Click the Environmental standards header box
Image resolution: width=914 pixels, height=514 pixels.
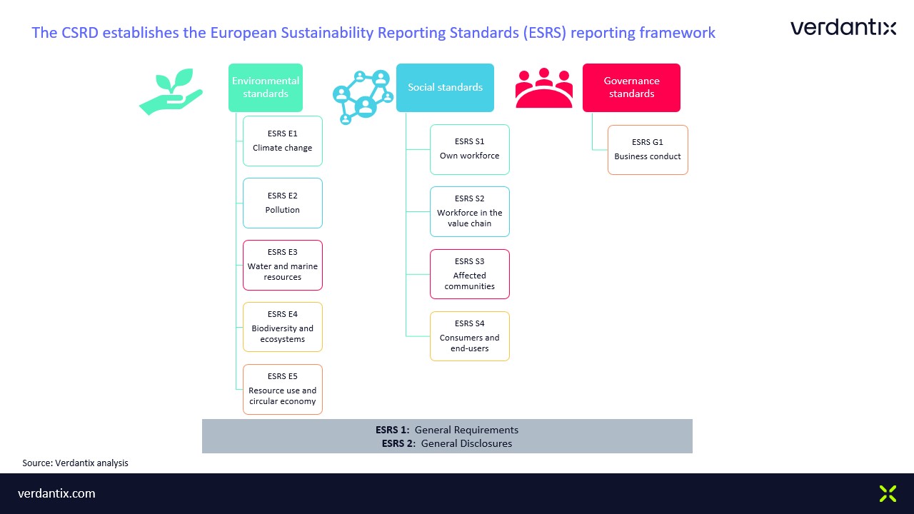(265, 87)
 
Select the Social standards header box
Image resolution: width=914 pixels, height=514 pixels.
(445, 87)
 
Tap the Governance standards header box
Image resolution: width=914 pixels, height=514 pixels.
(631, 87)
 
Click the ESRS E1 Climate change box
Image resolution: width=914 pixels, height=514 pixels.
(282, 141)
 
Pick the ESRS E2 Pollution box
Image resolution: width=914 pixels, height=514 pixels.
(282, 203)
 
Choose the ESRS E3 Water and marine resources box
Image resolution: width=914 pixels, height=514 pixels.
(282, 265)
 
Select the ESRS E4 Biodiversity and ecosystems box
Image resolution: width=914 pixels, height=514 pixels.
(282, 327)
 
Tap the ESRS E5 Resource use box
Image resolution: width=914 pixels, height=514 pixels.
(282, 389)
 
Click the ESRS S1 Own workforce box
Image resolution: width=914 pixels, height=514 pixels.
(470, 149)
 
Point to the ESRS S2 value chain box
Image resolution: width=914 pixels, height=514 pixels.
(470, 211)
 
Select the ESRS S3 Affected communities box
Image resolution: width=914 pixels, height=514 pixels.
(470, 274)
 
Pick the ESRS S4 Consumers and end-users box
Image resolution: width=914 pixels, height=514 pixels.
(470, 336)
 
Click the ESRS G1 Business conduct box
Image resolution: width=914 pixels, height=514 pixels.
(648, 150)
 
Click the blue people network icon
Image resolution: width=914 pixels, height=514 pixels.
(363, 97)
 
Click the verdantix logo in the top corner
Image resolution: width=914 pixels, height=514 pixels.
(843, 27)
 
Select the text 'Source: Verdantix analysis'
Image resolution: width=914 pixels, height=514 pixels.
(75, 463)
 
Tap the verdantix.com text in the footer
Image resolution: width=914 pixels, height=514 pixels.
(56, 493)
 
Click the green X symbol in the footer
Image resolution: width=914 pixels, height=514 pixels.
(888, 493)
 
